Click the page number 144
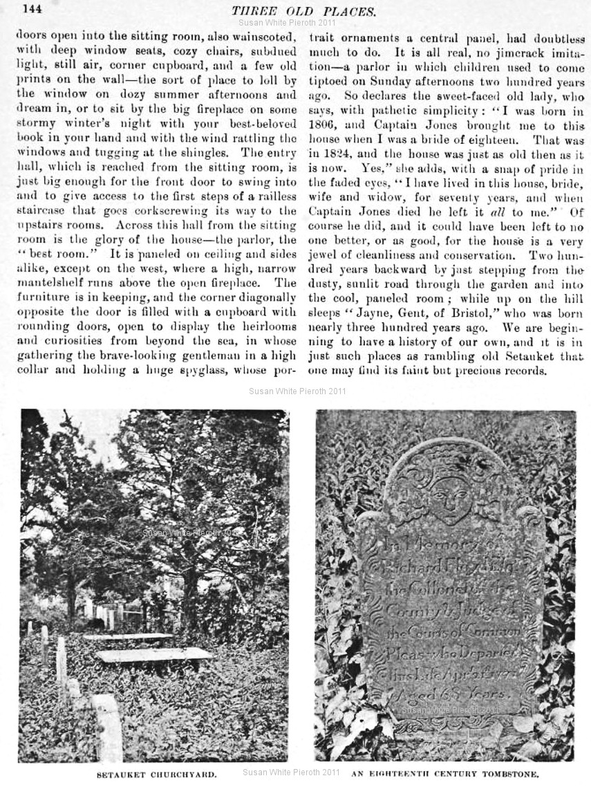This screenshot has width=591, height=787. (x=33, y=9)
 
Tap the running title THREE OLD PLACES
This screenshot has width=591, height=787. (x=304, y=11)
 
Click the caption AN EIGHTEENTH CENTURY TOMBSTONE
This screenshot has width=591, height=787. (x=445, y=775)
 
